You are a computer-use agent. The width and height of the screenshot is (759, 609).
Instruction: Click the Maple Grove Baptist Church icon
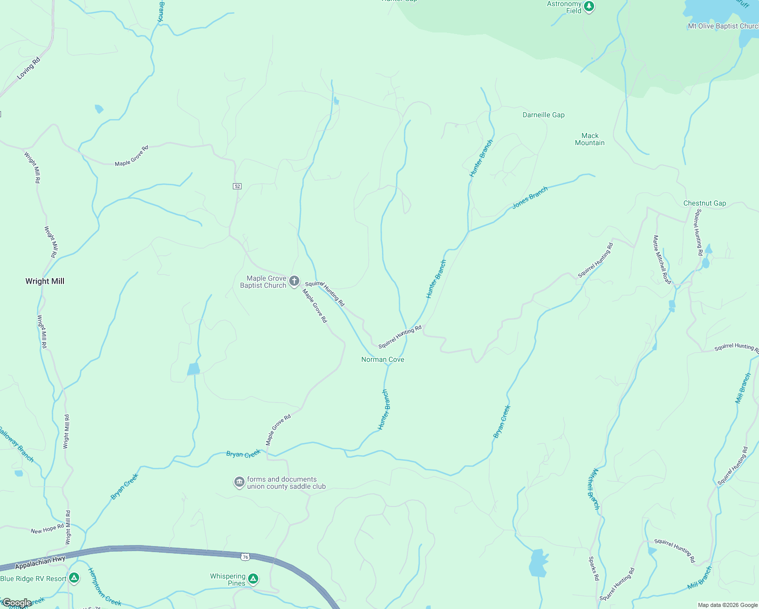(x=294, y=282)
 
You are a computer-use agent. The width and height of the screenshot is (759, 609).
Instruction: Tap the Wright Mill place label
(x=45, y=281)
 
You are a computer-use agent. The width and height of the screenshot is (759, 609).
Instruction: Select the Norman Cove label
(x=383, y=359)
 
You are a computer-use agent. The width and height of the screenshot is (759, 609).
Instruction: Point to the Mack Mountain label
(x=590, y=139)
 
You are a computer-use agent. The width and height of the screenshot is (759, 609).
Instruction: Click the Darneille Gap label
(x=543, y=115)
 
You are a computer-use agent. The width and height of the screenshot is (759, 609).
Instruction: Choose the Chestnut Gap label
(x=704, y=203)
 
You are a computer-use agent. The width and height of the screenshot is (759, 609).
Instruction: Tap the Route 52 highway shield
(x=237, y=186)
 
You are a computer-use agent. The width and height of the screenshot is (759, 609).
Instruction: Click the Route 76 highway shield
(x=246, y=557)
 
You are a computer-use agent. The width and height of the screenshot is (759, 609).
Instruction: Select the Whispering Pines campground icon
(x=253, y=579)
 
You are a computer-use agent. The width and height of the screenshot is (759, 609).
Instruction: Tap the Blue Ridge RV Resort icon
(x=74, y=578)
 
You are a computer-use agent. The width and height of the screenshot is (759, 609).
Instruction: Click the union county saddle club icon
(x=239, y=482)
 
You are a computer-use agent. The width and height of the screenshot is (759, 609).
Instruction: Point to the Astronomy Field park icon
(x=589, y=7)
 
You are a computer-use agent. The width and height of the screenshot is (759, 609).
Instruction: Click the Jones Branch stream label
(x=530, y=197)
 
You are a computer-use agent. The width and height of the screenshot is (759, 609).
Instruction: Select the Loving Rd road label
(x=28, y=69)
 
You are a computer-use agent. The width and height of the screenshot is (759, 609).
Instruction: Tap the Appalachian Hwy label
(x=40, y=562)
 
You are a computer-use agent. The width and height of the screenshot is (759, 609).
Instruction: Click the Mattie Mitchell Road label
(x=662, y=259)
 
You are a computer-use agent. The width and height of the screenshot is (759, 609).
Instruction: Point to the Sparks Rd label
(x=593, y=568)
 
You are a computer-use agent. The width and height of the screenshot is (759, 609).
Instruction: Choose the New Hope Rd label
(x=47, y=529)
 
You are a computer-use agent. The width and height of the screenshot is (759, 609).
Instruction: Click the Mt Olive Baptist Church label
(x=723, y=26)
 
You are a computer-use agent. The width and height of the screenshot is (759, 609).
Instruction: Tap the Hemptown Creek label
(x=105, y=587)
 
